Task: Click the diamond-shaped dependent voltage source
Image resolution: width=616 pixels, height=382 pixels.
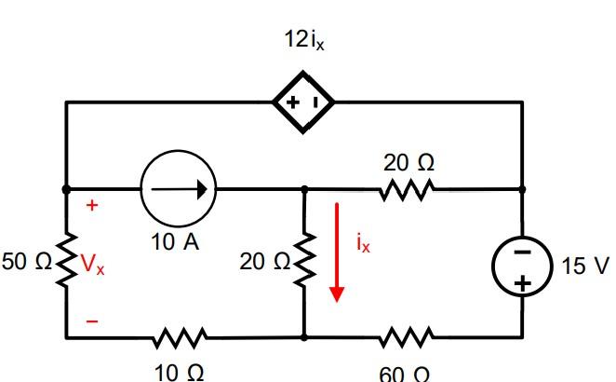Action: (303, 102)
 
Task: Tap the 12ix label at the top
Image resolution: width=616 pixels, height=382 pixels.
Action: (303, 41)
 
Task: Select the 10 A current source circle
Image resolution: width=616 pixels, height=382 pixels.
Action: (179, 188)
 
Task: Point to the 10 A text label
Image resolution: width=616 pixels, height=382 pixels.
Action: (175, 241)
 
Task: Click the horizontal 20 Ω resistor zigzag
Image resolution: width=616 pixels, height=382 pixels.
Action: (406, 189)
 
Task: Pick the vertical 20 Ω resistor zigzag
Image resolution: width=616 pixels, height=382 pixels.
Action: (304, 262)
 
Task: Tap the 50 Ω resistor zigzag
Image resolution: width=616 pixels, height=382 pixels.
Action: (66, 262)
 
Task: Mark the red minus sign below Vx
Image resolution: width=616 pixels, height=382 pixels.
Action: (91, 321)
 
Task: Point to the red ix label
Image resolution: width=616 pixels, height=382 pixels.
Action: (363, 244)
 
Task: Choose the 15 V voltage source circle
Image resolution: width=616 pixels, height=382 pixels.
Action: (521, 266)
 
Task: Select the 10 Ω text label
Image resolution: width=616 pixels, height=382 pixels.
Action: (178, 371)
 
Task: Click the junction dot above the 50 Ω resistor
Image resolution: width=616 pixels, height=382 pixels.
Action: (66, 188)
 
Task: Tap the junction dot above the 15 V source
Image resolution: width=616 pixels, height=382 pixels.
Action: (521, 188)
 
